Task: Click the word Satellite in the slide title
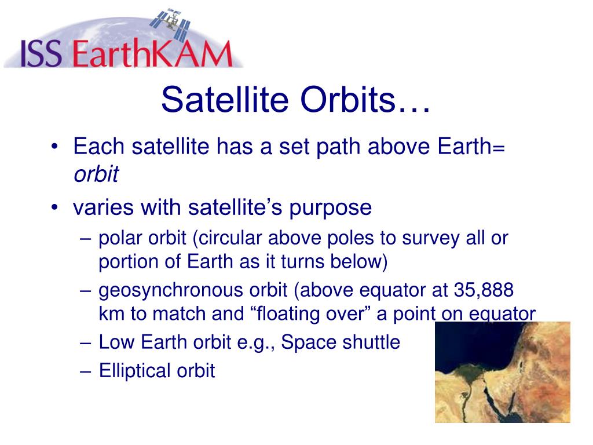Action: [225, 100]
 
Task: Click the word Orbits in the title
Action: [347, 100]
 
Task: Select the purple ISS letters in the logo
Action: [41, 53]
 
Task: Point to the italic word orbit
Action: [96, 174]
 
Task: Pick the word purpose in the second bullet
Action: [330, 209]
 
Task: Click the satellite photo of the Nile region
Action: [502, 372]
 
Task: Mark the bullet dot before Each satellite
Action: [55, 147]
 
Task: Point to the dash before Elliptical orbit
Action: [86, 372]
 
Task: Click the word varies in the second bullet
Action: [103, 208]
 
